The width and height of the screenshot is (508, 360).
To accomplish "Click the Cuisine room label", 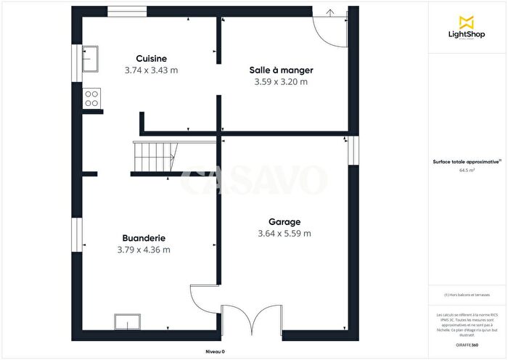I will click(152, 59).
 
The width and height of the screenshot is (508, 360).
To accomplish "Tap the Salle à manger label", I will click(281, 70).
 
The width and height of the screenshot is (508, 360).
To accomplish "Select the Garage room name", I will click(284, 221).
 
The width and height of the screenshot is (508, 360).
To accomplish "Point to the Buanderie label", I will click(144, 238).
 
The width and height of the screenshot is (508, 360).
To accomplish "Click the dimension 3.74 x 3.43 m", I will click(152, 70).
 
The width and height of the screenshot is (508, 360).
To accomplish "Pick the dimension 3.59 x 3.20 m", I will click(281, 82).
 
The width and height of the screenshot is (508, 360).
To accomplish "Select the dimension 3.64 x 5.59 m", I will click(284, 234).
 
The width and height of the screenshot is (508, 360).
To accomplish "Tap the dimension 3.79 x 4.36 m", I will click(144, 250).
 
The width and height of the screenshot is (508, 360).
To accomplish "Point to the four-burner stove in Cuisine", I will click(92, 98).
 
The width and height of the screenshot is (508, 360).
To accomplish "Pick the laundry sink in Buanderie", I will click(127, 321).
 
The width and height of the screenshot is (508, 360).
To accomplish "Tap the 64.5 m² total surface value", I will click(466, 171).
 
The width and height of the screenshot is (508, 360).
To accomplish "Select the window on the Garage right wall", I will click(351, 150).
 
